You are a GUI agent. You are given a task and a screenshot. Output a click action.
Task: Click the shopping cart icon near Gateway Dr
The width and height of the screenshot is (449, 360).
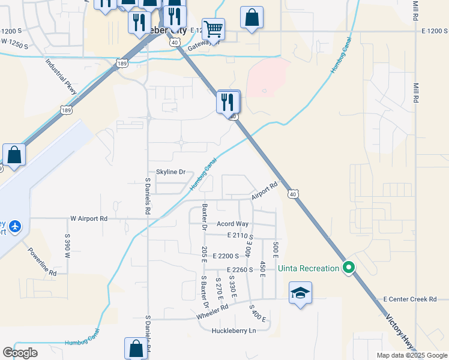pyautogui.click(x=213, y=29)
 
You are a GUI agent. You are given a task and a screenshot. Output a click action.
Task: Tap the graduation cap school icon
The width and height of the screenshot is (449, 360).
pyautogui.click(x=300, y=293)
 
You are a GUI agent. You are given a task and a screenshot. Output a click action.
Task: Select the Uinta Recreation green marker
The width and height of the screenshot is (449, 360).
pyautogui.click(x=348, y=268)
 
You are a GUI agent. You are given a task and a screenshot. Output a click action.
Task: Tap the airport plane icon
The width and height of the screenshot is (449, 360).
pyautogui.click(x=14, y=226)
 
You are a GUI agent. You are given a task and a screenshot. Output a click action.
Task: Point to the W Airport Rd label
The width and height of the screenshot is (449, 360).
pyautogui.click(x=89, y=219)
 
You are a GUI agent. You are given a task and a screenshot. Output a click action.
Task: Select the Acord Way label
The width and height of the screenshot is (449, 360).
pyautogui.click(x=232, y=224)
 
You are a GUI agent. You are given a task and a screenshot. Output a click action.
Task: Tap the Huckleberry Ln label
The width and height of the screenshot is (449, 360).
pyautogui.click(x=234, y=331)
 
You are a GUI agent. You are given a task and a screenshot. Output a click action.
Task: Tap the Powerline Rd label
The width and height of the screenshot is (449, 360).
pyautogui.click(x=41, y=261)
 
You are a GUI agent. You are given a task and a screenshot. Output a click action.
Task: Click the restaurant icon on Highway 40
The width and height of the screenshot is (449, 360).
pyautogui.click(x=228, y=101)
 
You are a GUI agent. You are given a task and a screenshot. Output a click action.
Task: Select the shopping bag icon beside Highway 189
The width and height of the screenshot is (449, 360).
pyautogui.click(x=14, y=154)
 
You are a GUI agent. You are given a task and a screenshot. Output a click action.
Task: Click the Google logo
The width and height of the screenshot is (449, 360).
pyautogui.click(x=20, y=352)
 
